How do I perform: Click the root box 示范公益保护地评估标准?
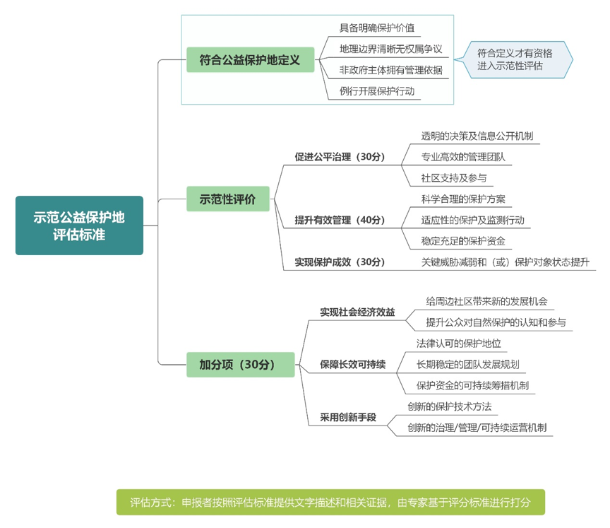[x=79, y=225]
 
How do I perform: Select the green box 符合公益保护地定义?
[x=250, y=59]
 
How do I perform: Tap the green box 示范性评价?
[x=228, y=199]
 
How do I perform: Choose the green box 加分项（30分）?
[x=241, y=365]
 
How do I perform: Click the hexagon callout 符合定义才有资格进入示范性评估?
[x=514, y=59]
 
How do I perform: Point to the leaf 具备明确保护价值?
[x=376, y=28]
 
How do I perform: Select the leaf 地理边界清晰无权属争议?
[x=390, y=49]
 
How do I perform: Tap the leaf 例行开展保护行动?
[x=376, y=91]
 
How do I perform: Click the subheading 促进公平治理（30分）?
[x=340, y=156]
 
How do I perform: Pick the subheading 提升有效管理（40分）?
[x=340, y=220]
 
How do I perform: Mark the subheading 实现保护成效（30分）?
[x=340, y=262]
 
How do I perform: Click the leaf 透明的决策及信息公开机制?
[x=477, y=136]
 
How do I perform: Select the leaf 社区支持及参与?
[x=453, y=178]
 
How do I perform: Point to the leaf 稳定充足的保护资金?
[x=463, y=241]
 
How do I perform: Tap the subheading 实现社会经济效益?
[x=357, y=312]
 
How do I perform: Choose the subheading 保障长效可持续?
[x=352, y=365]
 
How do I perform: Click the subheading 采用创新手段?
[x=348, y=418]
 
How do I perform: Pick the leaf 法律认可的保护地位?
[x=458, y=344]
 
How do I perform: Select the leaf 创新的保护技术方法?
[x=449, y=406]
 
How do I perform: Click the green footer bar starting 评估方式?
[x=330, y=503]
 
